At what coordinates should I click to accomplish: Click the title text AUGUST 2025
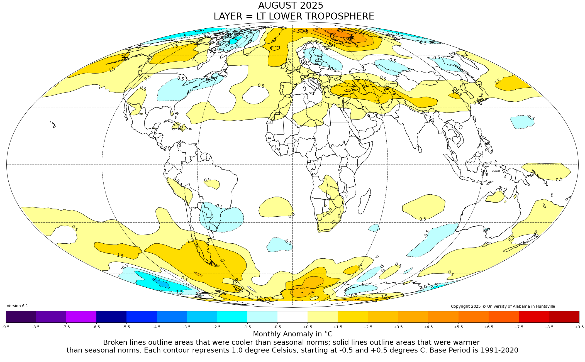pyautogui.click(x=291, y=6)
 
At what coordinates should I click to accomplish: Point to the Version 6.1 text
pyautogui.click(x=17, y=306)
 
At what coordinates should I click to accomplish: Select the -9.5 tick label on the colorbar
pyautogui.click(x=6, y=327)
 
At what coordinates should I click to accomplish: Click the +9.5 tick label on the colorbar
pyautogui.click(x=579, y=327)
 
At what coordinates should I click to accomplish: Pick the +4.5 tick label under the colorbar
pyautogui.click(x=428, y=327)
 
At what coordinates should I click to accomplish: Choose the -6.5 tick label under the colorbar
pyautogui.click(x=96, y=327)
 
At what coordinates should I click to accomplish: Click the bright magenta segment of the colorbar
pyautogui.click(x=81, y=317)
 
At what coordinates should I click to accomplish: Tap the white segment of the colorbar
pyautogui.click(x=292, y=317)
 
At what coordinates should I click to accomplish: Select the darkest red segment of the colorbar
pyautogui.click(x=564, y=317)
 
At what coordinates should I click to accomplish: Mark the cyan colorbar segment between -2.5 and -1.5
pyautogui.click(x=232, y=317)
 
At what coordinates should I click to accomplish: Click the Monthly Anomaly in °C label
pyautogui.click(x=292, y=334)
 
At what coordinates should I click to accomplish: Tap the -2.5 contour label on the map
pyautogui.click(x=157, y=279)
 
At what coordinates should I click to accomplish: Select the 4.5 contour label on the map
pyautogui.click(x=340, y=31)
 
